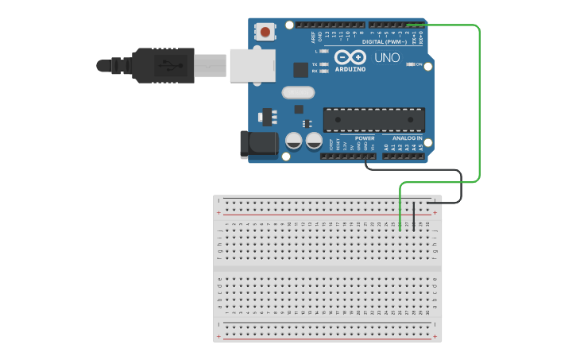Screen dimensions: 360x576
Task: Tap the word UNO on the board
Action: point(387,58)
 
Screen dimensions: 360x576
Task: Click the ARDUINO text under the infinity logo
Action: point(350,69)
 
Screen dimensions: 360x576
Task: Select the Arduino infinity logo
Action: point(350,57)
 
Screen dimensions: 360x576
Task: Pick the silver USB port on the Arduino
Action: point(251,65)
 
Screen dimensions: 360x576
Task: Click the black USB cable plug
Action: point(163,65)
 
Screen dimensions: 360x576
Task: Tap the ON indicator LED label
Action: point(418,64)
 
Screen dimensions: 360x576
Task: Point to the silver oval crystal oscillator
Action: point(297,92)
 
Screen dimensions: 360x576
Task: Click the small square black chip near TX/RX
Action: point(300,70)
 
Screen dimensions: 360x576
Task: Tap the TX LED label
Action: point(315,64)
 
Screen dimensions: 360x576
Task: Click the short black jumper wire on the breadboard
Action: point(413,216)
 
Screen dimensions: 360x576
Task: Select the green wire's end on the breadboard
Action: point(400,230)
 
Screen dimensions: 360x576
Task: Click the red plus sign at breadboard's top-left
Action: point(218,214)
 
